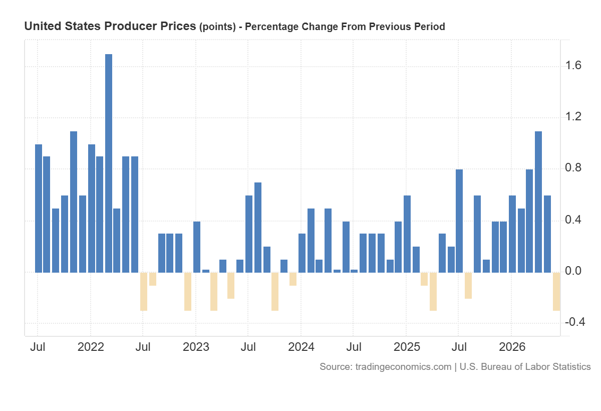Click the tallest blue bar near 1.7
pos(109,163)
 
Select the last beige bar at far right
pos(556,292)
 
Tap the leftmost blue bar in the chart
pos(39,209)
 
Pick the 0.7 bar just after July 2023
pos(258,228)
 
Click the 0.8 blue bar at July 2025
pos(459,221)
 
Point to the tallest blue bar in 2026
pos(538,202)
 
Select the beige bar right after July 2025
pos(468,285)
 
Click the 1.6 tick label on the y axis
pos(573,65)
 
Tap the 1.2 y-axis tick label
pos(573,116)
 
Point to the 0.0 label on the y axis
pos(573,271)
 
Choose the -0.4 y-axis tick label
pos(575,322)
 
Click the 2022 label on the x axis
pos(91,347)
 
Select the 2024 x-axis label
pos(301,347)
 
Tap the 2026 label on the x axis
pos(512,347)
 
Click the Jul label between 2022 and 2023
pos(143,347)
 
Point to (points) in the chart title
pos(217,27)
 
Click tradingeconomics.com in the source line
pos(403,367)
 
